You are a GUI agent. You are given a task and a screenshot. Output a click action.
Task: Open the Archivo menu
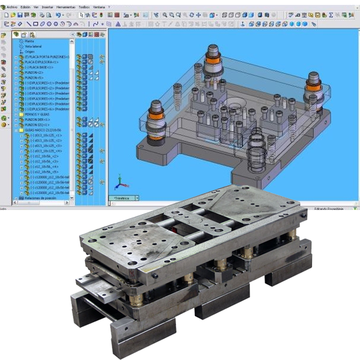pos(13,6)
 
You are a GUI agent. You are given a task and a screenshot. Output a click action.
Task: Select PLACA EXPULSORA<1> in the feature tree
pos(40,61)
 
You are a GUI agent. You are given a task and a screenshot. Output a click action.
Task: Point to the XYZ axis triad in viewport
pos(119,181)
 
